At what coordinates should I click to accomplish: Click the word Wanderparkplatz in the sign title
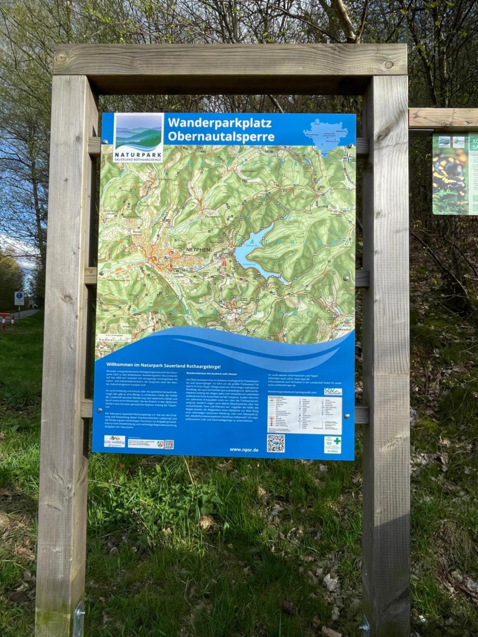[219, 123]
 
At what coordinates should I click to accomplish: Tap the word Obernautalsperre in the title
[221, 136]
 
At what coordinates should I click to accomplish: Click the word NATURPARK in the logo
[138, 155]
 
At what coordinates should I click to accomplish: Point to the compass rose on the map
[348, 157]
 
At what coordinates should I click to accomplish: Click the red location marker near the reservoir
[224, 263]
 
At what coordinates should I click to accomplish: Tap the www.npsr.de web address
[244, 450]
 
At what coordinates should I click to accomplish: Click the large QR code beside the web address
[276, 443]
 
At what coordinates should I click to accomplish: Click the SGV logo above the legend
[333, 391]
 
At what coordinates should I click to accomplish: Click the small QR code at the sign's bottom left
[169, 444]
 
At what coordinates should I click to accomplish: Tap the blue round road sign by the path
[19, 295]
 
